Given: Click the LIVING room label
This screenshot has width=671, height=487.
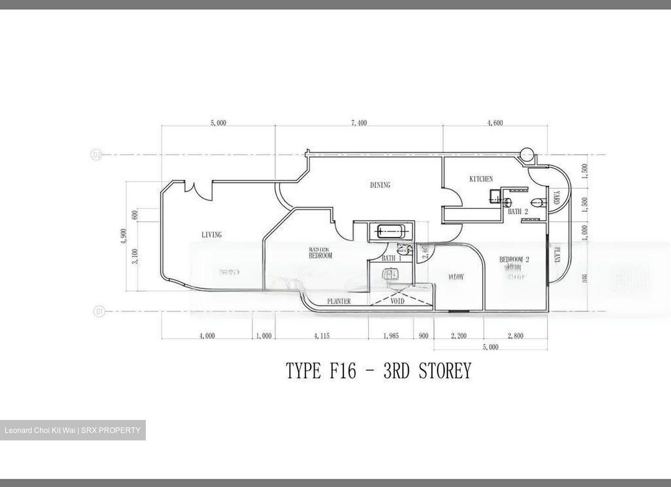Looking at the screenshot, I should click(x=211, y=235).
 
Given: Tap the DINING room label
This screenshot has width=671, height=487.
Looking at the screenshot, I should click(x=380, y=185).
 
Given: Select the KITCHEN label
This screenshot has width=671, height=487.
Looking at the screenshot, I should click(x=480, y=179).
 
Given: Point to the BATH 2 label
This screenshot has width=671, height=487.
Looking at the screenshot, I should click(x=518, y=211).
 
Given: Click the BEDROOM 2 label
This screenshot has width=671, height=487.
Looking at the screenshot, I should click(x=514, y=259).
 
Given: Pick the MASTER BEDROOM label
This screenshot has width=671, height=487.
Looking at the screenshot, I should click(x=320, y=253).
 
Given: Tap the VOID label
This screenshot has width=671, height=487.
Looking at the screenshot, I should click(x=397, y=301).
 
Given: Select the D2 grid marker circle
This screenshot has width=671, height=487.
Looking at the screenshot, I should click(x=96, y=155).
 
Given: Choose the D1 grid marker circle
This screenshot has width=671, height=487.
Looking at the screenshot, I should click(x=99, y=311).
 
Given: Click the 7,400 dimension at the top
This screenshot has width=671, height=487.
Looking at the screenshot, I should click(x=359, y=123).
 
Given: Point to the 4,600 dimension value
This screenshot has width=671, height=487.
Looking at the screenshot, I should click(x=495, y=123).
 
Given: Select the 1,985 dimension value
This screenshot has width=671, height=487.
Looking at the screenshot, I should click(x=390, y=336).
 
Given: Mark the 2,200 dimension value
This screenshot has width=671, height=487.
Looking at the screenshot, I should click(x=459, y=336).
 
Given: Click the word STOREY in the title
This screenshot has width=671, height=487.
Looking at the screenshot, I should click(x=445, y=371).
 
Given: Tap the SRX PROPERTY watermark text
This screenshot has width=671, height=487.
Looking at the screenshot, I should click(x=110, y=430).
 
